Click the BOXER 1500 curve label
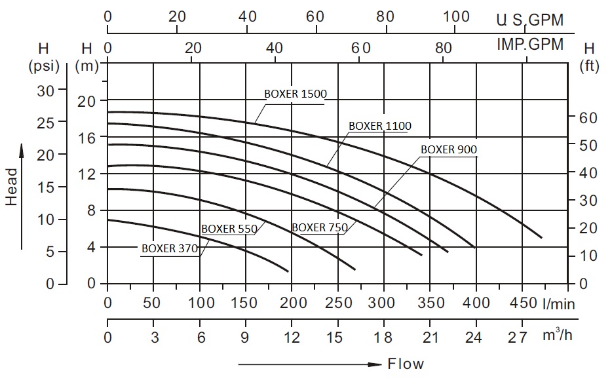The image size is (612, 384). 296,93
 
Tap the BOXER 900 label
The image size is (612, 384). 449,149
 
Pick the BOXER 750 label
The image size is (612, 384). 320,227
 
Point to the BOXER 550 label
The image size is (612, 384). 229,229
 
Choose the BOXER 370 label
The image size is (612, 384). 168,248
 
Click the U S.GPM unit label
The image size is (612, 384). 529,20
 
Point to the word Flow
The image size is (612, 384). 406,364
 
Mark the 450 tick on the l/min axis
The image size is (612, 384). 522,303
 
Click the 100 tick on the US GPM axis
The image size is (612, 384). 456,16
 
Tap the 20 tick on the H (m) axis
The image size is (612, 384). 87,100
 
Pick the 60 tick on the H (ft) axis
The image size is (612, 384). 589,117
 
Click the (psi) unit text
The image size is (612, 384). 44,66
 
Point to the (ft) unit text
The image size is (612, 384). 589,66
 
